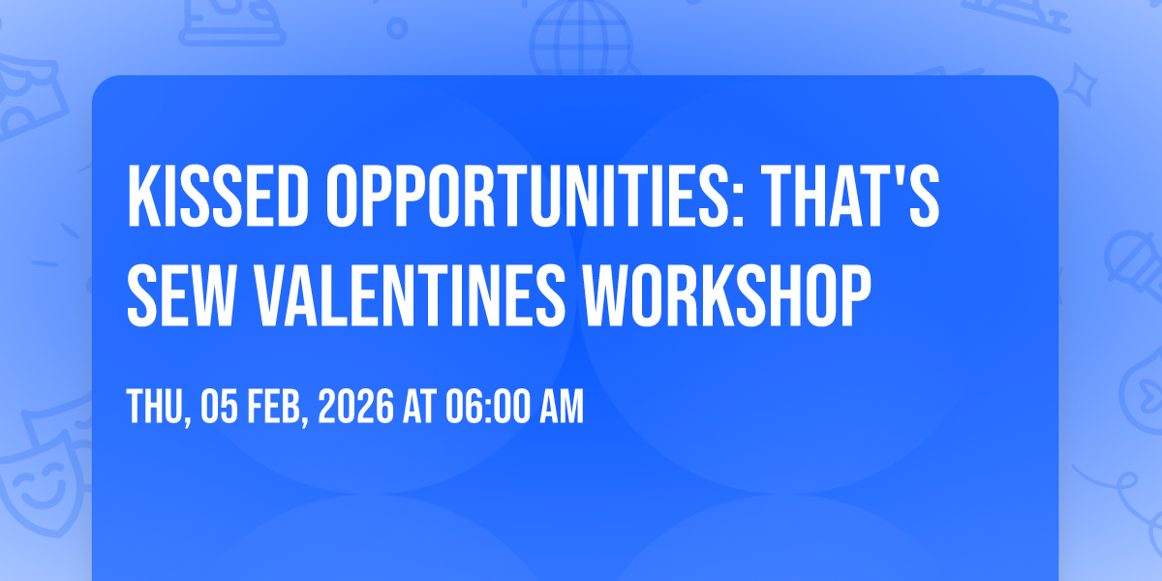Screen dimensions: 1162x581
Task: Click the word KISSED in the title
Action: (219, 196)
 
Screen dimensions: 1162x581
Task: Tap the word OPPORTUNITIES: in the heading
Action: (535, 196)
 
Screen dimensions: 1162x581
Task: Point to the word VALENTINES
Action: (409, 295)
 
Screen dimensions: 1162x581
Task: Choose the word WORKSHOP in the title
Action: (726, 295)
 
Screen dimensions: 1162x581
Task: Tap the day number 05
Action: (220, 407)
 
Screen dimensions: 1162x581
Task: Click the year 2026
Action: (356, 407)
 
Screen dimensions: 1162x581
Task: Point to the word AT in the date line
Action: (420, 407)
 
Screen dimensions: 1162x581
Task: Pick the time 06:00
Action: (488, 407)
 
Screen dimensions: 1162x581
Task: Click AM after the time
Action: (562, 407)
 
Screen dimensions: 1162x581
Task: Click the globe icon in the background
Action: (581, 37)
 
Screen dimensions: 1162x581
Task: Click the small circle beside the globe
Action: (397, 28)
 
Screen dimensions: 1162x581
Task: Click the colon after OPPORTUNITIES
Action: (738, 205)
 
